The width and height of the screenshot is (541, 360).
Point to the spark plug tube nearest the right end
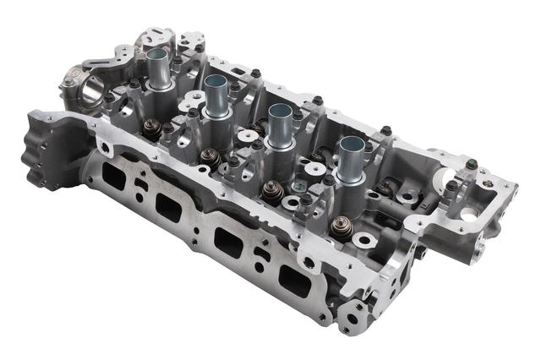click(350, 159)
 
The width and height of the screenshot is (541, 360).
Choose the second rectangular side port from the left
click(167, 206)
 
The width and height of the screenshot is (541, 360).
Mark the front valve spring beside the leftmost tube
click(152, 128)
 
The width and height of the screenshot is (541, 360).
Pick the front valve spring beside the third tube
click(273, 192)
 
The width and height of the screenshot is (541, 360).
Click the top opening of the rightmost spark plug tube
click(350, 143)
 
